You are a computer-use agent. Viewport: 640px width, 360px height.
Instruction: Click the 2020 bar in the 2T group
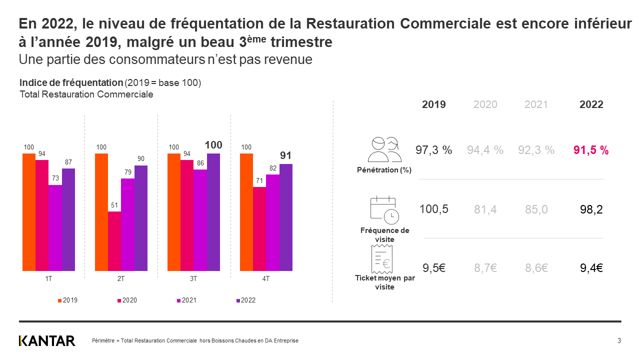pyautogui.click(x=114, y=241)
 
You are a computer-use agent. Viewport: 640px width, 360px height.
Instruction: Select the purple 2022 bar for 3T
pyautogui.click(x=213, y=212)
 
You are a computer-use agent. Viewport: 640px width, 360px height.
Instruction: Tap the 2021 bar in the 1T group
pyautogui.click(x=55, y=227)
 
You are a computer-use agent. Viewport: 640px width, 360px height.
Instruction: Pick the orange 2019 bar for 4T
pyautogui.click(x=246, y=212)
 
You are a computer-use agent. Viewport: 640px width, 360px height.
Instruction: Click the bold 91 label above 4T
pyautogui.click(x=285, y=156)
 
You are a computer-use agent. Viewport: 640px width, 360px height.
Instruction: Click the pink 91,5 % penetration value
pyautogui.click(x=591, y=150)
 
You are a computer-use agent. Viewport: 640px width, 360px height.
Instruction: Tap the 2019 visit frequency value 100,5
pyautogui.click(x=434, y=209)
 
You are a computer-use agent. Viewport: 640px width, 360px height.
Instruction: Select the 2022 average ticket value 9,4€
pyautogui.click(x=591, y=268)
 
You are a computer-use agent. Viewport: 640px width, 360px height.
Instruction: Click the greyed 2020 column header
pyautogui.click(x=485, y=104)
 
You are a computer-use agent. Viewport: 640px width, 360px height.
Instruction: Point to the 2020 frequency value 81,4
pyautogui.click(x=485, y=209)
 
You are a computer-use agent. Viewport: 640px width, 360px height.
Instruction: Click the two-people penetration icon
pyautogui.click(x=384, y=149)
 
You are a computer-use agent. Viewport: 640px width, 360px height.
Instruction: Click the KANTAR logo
pyautogui.click(x=47, y=340)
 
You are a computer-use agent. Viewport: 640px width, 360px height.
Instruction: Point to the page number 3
pyautogui.click(x=619, y=341)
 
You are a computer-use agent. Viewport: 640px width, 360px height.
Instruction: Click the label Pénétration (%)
pyautogui.click(x=384, y=170)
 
